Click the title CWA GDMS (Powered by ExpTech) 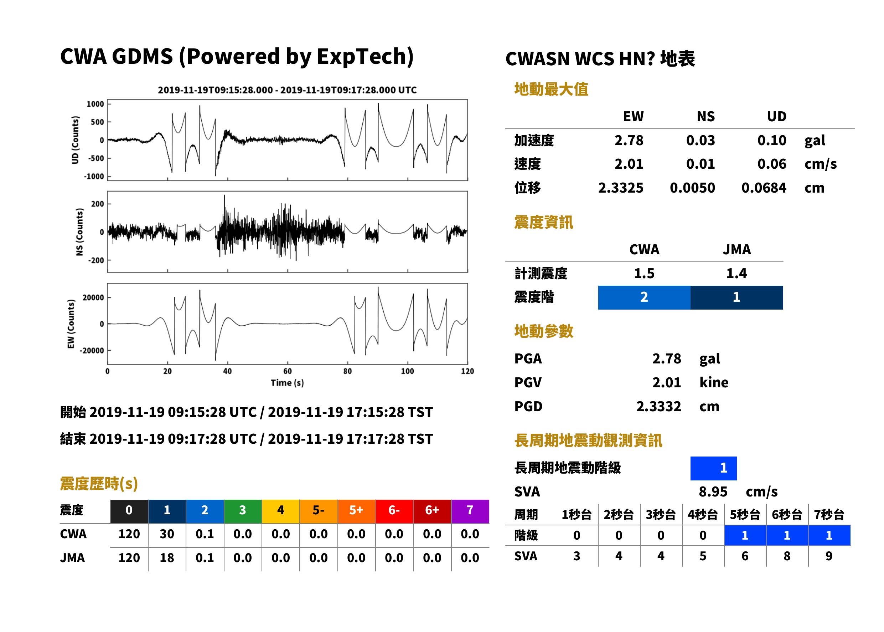[237, 56]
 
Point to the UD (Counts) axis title [75, 140]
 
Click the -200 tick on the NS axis [95, 260]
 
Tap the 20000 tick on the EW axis [93, 298]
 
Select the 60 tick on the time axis [287, 371]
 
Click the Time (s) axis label [287, 383]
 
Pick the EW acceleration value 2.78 [629, 141]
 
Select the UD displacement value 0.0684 [764, 188]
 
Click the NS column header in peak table [705, 117]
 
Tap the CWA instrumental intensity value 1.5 [644, 274]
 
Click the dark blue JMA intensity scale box [737, 298]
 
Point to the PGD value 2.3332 [658, 407]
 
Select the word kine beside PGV [714, 383]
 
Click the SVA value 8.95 [713, 492]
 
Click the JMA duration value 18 [167, 558]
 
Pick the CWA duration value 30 [167, 534]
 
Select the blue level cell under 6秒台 [787, 535]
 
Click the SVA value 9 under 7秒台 [829, 556]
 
